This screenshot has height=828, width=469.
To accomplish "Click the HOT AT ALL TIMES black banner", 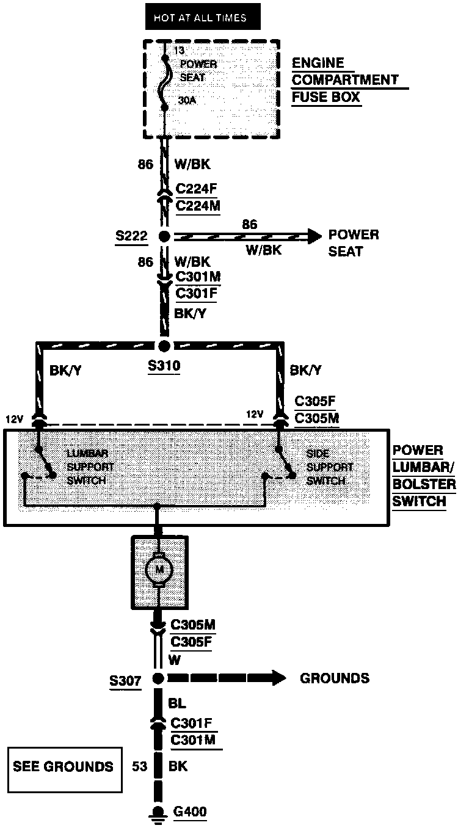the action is (203, 16).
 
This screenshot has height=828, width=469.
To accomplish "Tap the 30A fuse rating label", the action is (187, 100).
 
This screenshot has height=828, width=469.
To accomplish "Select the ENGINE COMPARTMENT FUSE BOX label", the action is (350, 80).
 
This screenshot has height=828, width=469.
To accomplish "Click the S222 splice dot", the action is (164, 236).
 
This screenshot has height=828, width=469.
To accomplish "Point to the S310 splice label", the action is (164, 366).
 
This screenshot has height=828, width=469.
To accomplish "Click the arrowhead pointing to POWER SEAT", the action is (314, 236).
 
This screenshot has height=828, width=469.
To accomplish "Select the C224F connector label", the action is (196, 189).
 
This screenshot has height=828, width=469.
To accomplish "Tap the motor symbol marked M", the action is (159, 570).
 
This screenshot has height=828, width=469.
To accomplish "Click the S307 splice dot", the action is (158, 678).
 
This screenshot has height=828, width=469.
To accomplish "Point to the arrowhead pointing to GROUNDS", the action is (278, 678).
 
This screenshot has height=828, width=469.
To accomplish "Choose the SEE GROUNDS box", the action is (65, 769).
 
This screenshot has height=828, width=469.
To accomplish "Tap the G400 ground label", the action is (189, 812).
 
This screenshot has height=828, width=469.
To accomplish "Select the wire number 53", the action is (140, 766).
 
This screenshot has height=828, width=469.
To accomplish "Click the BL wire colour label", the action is (177, 703).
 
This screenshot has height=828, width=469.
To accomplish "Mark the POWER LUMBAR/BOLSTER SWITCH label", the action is (424, 476).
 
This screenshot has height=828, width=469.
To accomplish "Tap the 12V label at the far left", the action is (15, 419).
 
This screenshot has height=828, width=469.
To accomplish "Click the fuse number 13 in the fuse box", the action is (179, 50).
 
